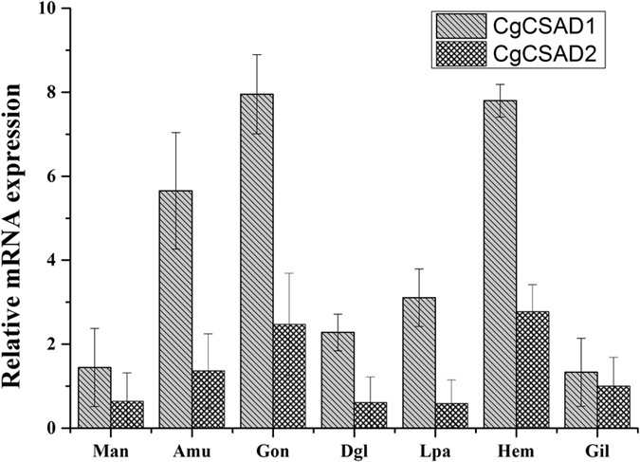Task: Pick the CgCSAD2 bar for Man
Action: click(x=126, y=415)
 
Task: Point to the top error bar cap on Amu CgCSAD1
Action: click(x=175, y=132)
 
